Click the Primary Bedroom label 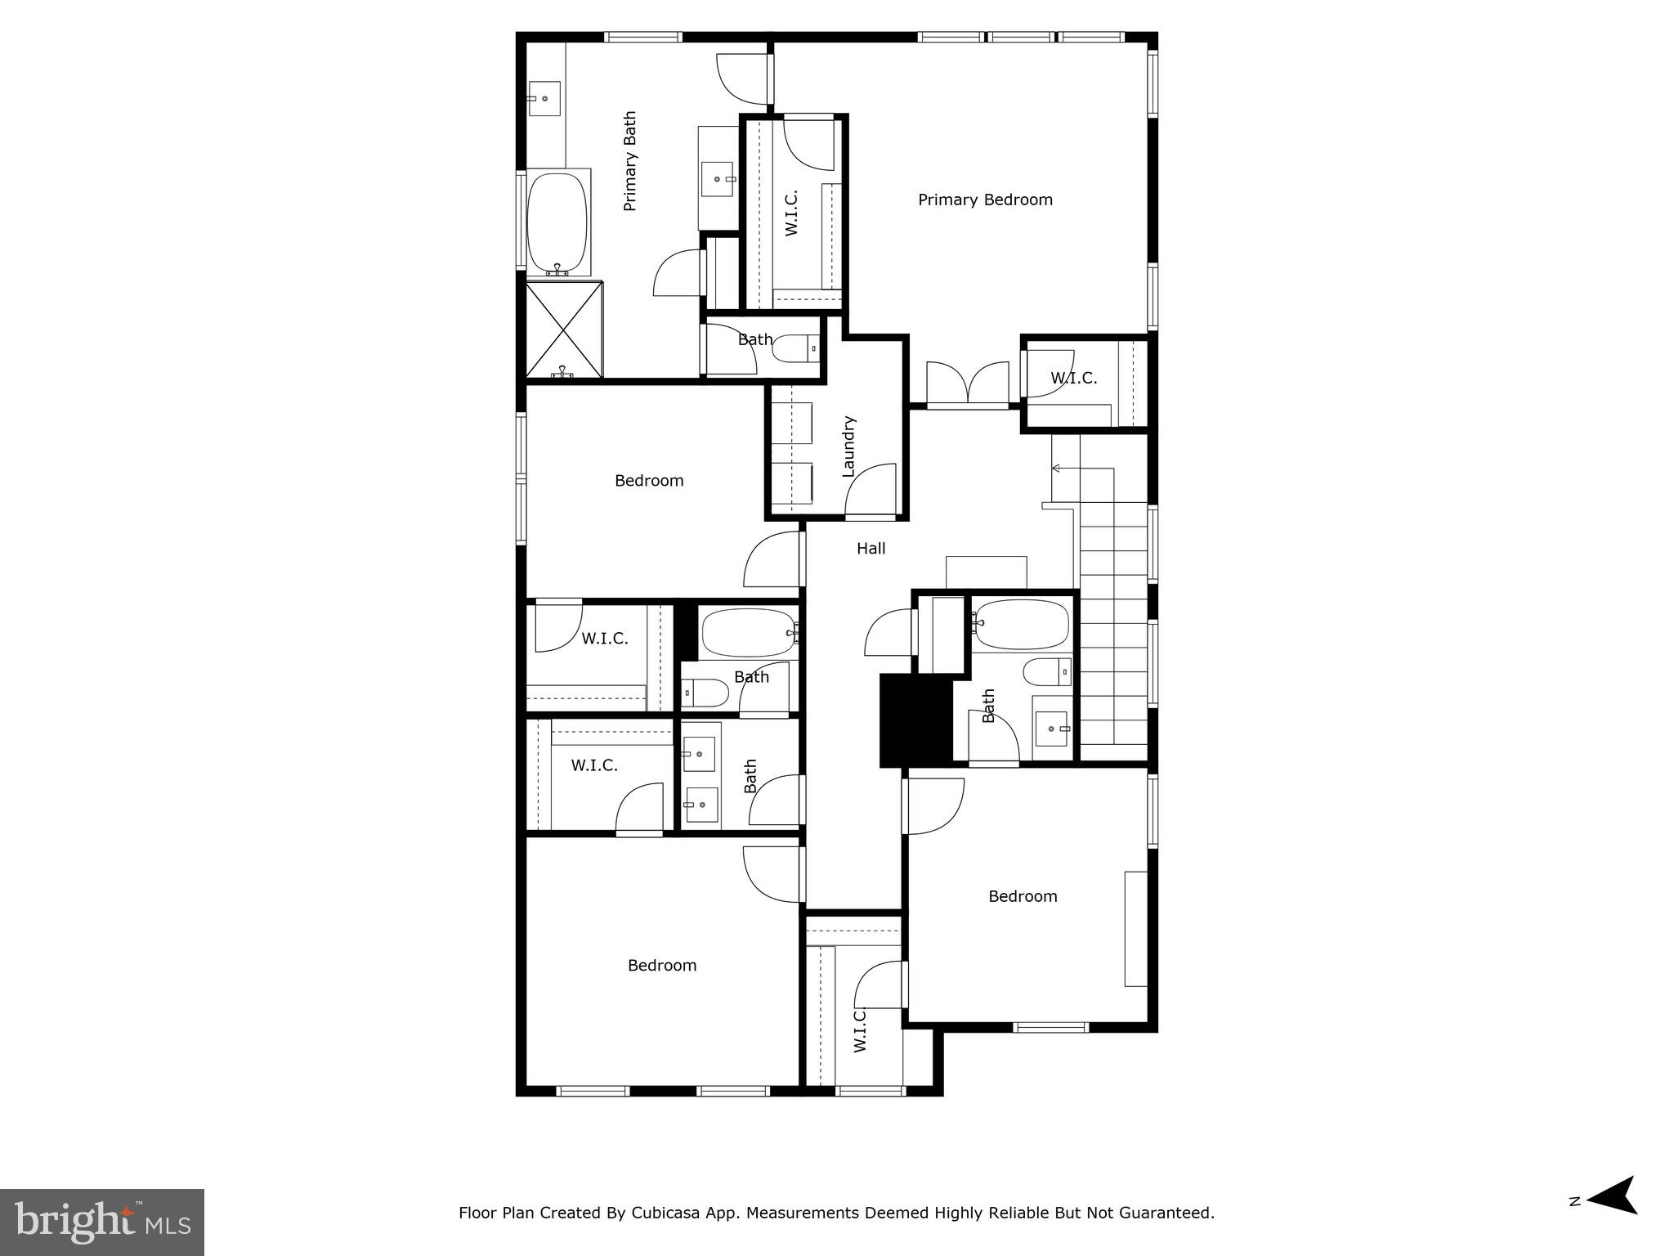click(985, 200)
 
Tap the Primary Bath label click(630, 161)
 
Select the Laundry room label click(848, 446)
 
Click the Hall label click(871, 549)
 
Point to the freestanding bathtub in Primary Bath click(557, 223)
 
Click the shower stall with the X click(563, 330)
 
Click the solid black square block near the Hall click(915, 720)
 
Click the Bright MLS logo click(101, 1222)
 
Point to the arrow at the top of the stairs click(1056, 469)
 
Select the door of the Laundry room click(871, 491)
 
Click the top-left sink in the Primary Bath click(544, 98)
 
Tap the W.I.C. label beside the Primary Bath click(791, 213)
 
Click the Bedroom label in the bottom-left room click(662, 966)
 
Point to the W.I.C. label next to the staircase click(1073, 379)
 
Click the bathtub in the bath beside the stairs click(1020, 626)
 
